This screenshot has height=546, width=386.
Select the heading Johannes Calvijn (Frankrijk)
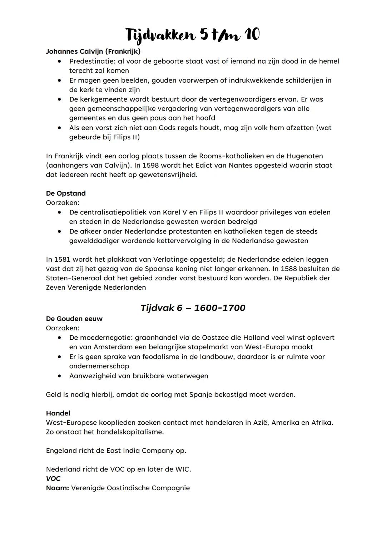(93, 51)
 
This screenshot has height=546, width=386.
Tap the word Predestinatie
(91, 62)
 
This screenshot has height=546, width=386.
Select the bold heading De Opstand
(66, 193)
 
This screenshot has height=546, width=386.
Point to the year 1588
(289, 269)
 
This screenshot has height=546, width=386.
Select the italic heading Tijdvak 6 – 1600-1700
(193, 308)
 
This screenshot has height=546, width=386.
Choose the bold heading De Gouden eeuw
(74, 319)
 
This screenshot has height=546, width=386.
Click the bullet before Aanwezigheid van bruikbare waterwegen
(60, 376)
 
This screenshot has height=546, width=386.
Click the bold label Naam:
(57, 488)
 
